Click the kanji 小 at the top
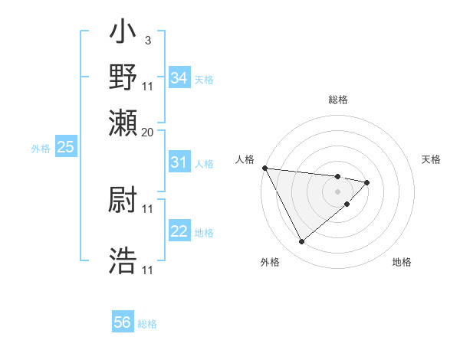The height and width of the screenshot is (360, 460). pyautogui.click(x=123, y=34)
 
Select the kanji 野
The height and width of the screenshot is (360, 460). pyautogui.click(x=123, y=77)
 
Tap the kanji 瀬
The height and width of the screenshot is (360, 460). pyautogui.click(x=123, y=121)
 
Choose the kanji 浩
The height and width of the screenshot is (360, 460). pyautogui.click(x=123, y=261)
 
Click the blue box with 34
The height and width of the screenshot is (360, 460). pyautogui.click(x=179, y=78)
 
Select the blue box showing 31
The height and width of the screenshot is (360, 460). pyautogui.click(x=179, y=162)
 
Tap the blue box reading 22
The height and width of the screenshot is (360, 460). pyautogui.click(x=179, y=232)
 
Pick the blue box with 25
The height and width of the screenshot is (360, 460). pyautogui.click(x=65, y=147)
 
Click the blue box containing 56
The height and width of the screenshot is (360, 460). pyautogui.click(x=123, y=322)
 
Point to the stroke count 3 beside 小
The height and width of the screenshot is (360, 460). pyautogui.click(x=147, y=40)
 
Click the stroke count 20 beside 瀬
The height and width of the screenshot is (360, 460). pyautogui.click(x=148, y=132)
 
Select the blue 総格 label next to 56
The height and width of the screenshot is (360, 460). pyautogui.click(x=147, y=324)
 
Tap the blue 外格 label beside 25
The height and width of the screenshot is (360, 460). pyautogui.click(x=41, y=149)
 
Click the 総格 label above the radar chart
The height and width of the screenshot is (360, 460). pyautogui.click(x=337, y=100)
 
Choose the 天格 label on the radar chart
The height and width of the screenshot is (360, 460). pyautogui.click(x=431, y=159)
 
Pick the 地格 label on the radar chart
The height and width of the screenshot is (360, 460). pyautogui.click(x=402, y=262)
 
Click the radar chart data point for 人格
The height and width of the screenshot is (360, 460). pyautogui.click(x=264, y=168)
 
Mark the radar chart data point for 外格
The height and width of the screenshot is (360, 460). pyautogui.click(x=301, y=242)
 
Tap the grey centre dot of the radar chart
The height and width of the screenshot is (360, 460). pyautogui.click(x=337, y=191)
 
